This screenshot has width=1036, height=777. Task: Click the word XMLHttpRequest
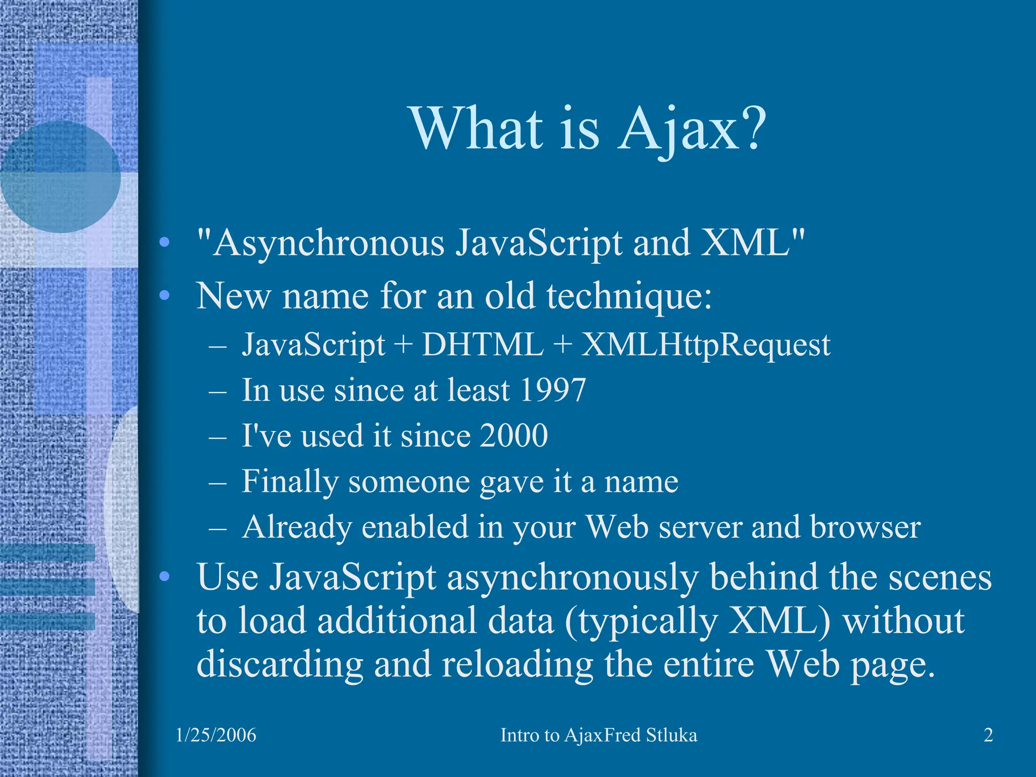click(x=706, y=345)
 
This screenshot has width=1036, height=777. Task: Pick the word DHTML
click(x=483, y=345)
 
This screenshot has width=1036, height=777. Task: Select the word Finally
click(x=289, y=482)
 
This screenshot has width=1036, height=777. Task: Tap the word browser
click(x=865, y=527)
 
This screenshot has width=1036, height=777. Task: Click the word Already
click(x=296, y=527)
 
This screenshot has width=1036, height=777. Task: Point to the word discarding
click(x=279, y=665)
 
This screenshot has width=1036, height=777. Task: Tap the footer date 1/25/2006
click(x=216, y=735)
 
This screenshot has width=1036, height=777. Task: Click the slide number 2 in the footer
click(x=988, y=735)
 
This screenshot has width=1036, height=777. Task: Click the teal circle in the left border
click(x=61, y=177)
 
